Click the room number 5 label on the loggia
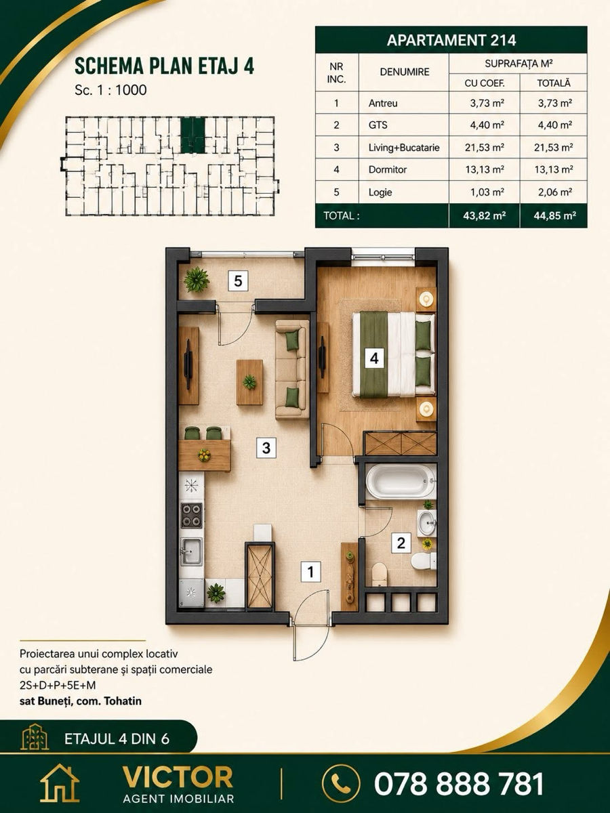(x=238, y=280)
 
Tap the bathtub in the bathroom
(x=401, y=482)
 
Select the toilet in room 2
(x=424, y=561)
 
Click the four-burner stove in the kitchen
(x=192, y=515)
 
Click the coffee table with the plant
(x=249, y=382)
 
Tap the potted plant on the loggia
(x=197, y=280)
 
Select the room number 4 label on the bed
(x=374, y=358)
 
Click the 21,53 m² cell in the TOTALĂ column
(x=553, y=148)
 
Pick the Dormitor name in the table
(x=388, y=169)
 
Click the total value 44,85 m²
(x=555, y=216)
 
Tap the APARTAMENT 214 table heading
(x=451, y=40)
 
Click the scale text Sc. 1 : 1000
(x=110, y=90)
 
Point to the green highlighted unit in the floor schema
(x=192, y=135)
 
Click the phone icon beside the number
(x=340, y=783)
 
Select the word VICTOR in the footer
(x=178, y=777)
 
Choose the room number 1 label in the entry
(x=310, y=572)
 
